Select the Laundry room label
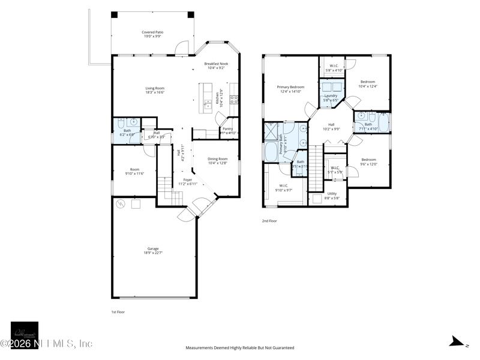tap(331, 98)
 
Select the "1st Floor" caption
tap(118, 312)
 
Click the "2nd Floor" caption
tap(269, 221)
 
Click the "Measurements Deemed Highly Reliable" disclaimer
tap(239, 347)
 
